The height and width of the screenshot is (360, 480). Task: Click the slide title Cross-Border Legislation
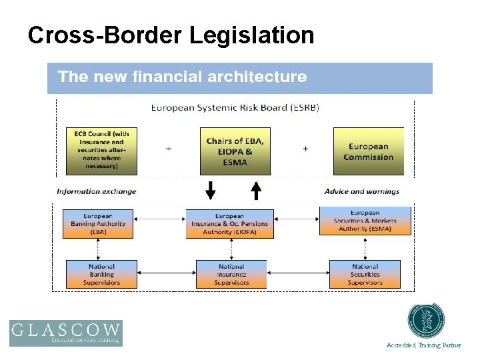click(171, 35)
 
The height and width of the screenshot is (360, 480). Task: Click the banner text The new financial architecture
click(182, 77)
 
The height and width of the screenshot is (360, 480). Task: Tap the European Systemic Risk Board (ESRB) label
click(235, 107)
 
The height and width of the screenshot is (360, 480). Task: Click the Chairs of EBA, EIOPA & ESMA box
click(235, 151)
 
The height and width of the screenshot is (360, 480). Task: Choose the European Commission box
click(368, 151)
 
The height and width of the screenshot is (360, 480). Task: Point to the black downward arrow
click(211, 191)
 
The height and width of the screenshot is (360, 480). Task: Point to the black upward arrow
click(255, 191)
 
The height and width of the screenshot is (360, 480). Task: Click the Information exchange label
click(97, 191)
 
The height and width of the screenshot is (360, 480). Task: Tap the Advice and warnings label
click(362, 191)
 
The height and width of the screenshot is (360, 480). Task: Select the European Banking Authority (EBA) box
click(98, 224)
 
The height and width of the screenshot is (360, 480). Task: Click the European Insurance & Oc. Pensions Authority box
click(229, 224)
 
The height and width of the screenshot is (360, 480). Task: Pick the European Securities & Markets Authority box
click(365, 221)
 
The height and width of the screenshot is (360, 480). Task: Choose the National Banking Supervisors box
click(101, 274)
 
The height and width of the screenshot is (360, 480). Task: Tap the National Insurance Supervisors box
click(231, 274)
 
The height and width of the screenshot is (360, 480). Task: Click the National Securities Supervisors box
click(365, 274)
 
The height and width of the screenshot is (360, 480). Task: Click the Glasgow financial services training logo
click(66, 333)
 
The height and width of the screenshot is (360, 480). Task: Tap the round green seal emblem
click(427, 321)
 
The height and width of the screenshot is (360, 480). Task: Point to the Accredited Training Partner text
click(424, 345)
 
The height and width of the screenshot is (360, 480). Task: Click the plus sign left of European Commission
click(305, 149)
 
